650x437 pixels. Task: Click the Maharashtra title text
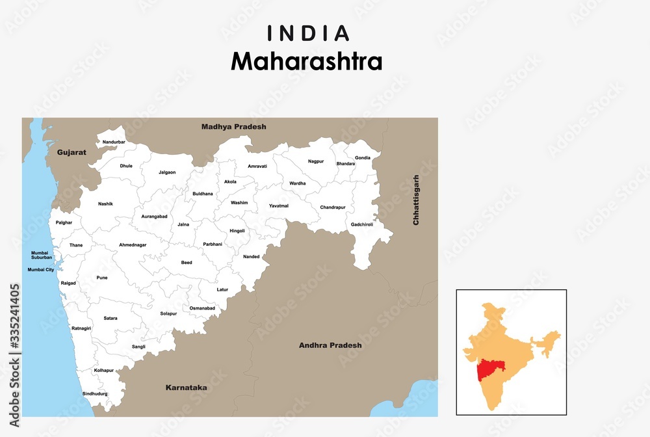pos(307,61)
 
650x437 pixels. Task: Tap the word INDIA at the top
pos(307,33)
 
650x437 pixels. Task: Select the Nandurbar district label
pos(114,142)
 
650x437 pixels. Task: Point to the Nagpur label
pos(316,161)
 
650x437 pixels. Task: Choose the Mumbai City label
pos(40,269)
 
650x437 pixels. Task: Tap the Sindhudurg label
pos(95,393)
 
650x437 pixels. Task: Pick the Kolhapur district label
pos(104,370)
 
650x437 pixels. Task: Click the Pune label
pos(102,278)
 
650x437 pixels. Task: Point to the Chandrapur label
pos(333,207)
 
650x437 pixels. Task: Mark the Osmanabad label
pos(202,308)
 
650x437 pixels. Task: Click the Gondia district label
pos(362,158)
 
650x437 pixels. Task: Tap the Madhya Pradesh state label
pos(234,127)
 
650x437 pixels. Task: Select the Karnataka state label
pos(186,388)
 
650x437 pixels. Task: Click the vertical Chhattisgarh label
pos(416,200)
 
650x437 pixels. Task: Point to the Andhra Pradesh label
pos(330,345)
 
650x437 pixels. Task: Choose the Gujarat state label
pos(71,152)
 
